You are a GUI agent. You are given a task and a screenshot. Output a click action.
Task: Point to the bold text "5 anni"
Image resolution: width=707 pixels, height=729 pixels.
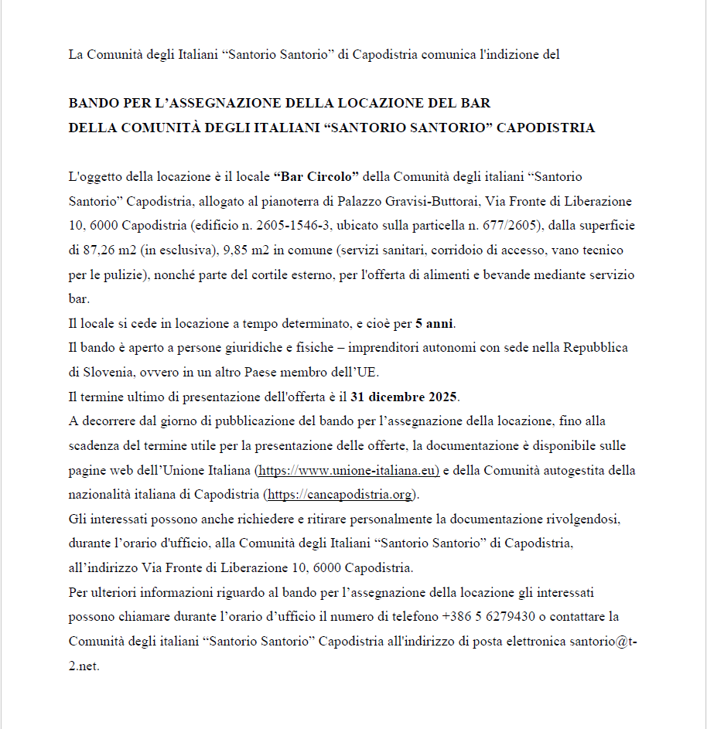(x=434, y=323)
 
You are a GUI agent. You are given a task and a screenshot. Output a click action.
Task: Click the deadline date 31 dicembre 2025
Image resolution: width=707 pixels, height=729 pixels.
(x=404, y=397)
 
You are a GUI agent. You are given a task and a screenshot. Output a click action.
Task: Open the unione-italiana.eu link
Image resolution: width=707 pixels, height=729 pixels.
(x=347, y=470)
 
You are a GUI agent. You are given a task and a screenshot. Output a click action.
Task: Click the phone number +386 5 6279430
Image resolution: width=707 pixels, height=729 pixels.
(x=489, y=617)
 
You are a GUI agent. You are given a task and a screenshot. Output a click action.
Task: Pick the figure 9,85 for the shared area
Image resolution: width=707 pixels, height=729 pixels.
(x=239, y=250)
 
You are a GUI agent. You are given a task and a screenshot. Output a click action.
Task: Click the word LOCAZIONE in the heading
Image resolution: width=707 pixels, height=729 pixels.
(x=343, y=103)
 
